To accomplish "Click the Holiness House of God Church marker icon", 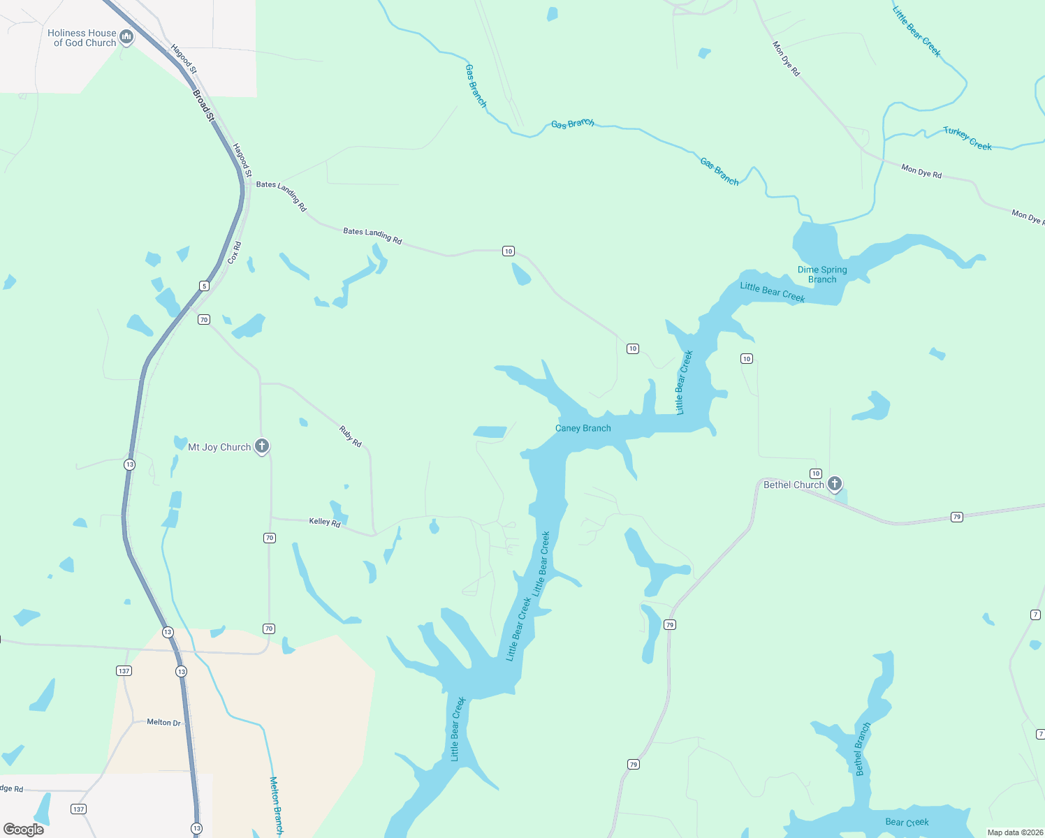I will click(x=126, y=36).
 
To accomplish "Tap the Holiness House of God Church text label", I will click(x=82, y=38).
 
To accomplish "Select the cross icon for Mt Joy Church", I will click(x=262, y=446).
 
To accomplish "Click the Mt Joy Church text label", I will click(x=219, y=447).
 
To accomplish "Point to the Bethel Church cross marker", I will click(x=834, y=483).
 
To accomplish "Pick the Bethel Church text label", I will click(x=794, y=485).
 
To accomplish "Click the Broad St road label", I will click(x=203, y=105).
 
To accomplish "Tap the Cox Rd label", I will click(x=234, y=253).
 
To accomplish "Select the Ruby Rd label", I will click(x=350, y=436).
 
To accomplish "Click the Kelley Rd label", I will click(x=325, y=522).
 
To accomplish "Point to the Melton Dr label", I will click(x=163, y=722).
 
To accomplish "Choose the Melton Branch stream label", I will click(x=277, y=805).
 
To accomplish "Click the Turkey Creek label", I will click(x=967, y=138).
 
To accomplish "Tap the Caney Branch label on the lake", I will click(x=583, y=428).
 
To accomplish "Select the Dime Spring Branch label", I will click(x=822, y=274).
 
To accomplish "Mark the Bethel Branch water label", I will click(x=863, y=749).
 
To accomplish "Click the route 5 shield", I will click(x=204, y=286).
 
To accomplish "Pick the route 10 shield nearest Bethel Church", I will click(x=815, y=473).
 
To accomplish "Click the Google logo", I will click(x=24, y=829).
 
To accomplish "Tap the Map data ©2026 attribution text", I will click(x=1015, y=832).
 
